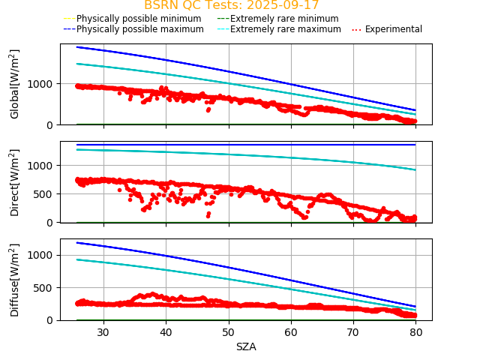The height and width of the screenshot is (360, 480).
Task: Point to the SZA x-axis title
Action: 246,346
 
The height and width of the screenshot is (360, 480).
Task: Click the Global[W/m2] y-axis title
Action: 14,84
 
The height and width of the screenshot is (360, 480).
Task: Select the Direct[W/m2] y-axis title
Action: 14,182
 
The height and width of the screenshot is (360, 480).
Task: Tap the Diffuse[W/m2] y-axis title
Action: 14,279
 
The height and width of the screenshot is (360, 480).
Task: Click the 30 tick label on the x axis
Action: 103,332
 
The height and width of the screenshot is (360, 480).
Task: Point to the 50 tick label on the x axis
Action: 229,332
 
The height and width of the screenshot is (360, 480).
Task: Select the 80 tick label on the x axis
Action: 416,332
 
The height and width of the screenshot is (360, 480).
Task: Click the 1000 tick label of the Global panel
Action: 43,83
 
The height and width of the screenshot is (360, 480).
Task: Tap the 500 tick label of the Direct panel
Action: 46,193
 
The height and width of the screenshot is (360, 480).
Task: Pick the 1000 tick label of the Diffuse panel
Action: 43,255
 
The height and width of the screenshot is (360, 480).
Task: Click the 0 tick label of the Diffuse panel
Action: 52,320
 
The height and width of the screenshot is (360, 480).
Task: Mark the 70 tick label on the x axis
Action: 354,332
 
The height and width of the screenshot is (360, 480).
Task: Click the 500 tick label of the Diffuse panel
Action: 46,288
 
